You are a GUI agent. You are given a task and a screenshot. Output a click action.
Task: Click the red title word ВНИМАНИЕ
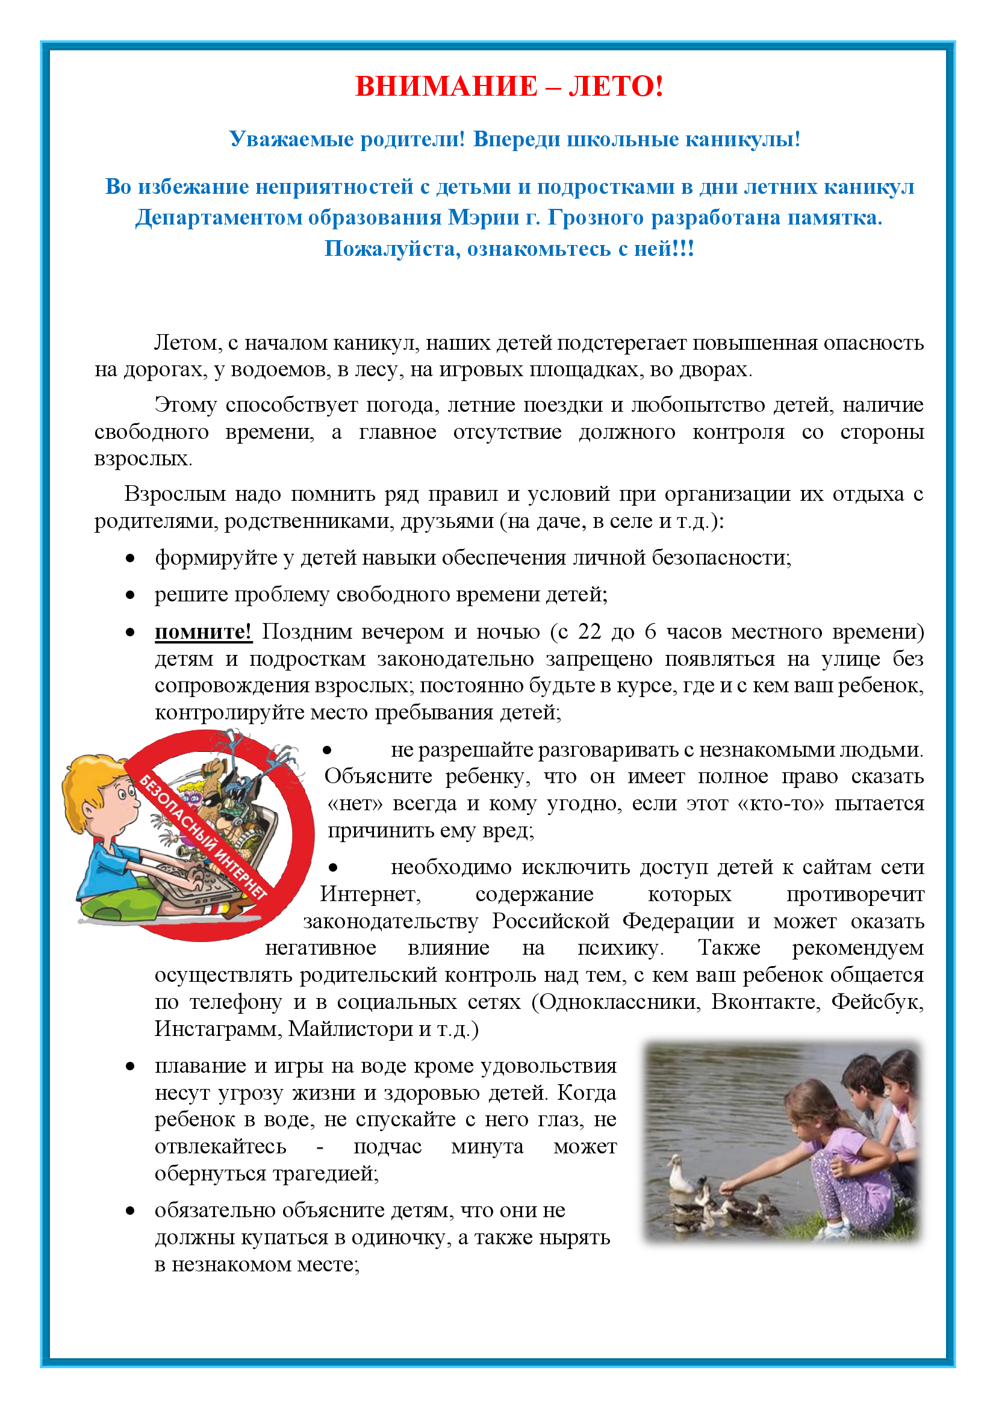click(x=446, y=87)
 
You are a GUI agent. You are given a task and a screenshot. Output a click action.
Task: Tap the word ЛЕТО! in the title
click(x=616, y=87)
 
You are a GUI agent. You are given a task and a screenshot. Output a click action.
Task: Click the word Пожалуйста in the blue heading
click(x=392, y=249)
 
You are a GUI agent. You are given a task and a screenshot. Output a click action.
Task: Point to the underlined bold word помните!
click(x=203, y=631)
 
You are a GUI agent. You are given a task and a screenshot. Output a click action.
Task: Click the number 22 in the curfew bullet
click(x=590, y=631)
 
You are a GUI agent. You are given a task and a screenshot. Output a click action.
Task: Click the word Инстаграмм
click(x=218, y=1029)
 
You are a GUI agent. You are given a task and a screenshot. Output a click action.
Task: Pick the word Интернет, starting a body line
click(x=370, y=894)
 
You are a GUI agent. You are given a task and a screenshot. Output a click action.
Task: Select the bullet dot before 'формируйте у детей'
click(x=130, y=558)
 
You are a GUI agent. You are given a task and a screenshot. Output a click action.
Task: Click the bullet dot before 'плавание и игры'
click(x=130, y=1067)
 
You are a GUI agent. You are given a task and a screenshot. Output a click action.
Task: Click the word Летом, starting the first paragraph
click(x=187, y=343)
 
